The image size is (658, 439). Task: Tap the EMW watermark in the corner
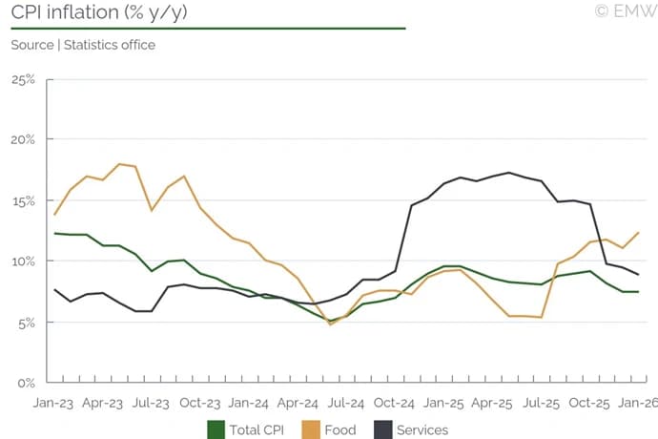tap(626, 11)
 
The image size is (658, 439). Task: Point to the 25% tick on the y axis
tap(22, 78)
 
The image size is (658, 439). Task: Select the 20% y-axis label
tap(22, 139)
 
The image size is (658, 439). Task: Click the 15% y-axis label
tap(22, 200)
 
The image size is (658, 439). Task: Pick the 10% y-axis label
tap(22, 261)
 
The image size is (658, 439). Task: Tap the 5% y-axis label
tap(25, 322)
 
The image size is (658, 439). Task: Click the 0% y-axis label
tap(25, 383)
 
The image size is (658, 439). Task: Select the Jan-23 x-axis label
tap(53, 404)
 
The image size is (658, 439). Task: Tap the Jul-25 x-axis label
tap(542, 404)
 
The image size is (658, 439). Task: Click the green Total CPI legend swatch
tap(216, 429)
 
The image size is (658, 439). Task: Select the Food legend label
tap(340, 429)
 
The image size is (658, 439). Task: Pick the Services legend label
tap(422, 429)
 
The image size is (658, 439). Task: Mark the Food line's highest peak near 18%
tap(119, 164)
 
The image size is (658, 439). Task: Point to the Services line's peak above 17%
tap(509, 173)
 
